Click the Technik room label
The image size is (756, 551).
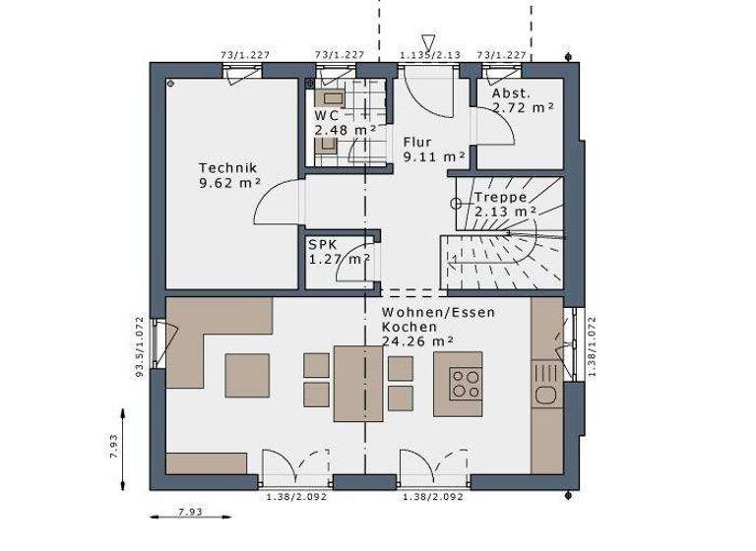point(228,167)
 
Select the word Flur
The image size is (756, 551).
point(418,141)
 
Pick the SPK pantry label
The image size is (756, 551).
point(320,245)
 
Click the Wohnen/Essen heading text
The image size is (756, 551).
point(439,312)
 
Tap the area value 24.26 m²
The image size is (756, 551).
point(417,341)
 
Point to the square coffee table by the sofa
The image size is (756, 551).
point(246,375)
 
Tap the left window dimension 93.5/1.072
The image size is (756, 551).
point(141,346)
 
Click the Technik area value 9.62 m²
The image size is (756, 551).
point(229,182)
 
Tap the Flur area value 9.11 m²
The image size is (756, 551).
point(434,155)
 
